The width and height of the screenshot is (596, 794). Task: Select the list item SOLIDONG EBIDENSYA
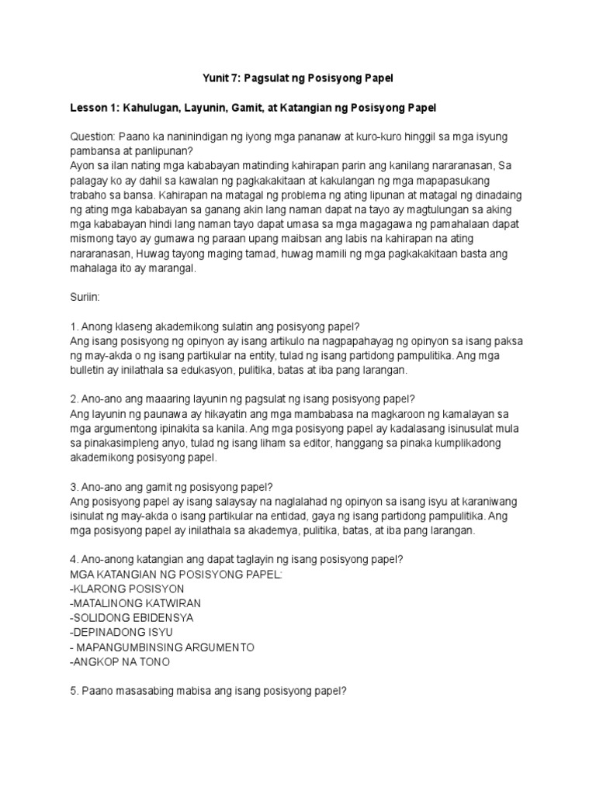point(131,618)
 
